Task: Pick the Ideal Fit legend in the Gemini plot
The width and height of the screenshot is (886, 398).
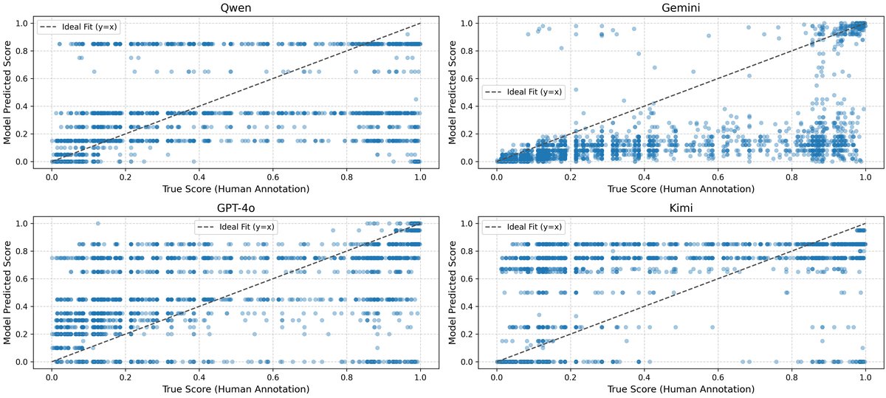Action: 523,92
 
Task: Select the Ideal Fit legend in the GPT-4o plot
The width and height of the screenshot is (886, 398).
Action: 236,226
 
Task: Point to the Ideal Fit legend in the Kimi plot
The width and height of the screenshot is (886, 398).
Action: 523,226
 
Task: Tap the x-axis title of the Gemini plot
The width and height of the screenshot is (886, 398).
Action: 681,189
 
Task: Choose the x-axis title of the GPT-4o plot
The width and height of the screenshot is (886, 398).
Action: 236,388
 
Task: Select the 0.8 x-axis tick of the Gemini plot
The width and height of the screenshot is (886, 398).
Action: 792,176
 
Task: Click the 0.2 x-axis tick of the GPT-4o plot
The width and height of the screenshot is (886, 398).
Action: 126,375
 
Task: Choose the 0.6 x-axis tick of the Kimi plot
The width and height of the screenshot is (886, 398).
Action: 718,375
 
